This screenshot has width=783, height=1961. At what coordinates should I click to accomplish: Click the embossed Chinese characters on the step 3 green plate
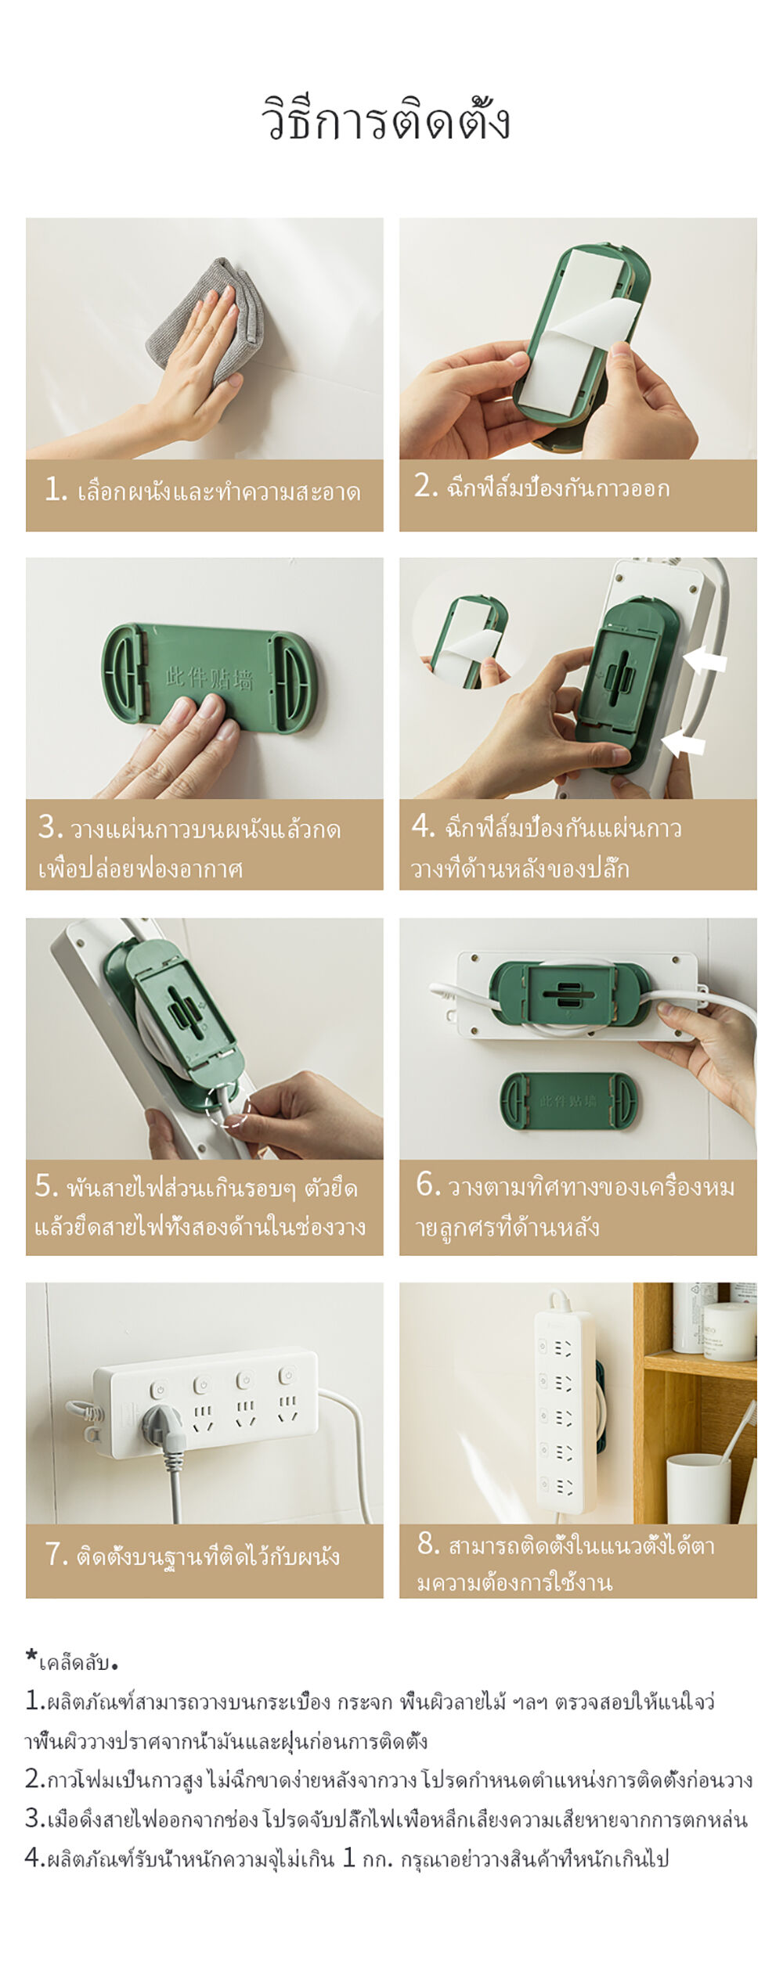pyautogui.click(x=209, y=677)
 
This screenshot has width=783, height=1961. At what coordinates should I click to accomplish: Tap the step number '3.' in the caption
pyautogui.click(x=51, y=826)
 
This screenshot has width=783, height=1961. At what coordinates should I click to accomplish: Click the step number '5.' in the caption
pyautogui.click(x=47, y=1186)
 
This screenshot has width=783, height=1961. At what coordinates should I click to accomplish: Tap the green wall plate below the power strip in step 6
pyautogui.click(x=568, y=1100)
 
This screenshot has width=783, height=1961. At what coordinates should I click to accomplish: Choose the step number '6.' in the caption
pyautogui.click(x=428, y=1184)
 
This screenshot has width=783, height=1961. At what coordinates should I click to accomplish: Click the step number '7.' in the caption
pyautogui.click(x=57, y=1553)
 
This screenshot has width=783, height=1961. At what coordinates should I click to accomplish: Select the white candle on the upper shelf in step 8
pyautogui.click(x=728, y=1330)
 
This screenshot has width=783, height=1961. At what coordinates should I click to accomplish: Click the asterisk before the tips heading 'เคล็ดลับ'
pyautogui.click(x=31, y=1655)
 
